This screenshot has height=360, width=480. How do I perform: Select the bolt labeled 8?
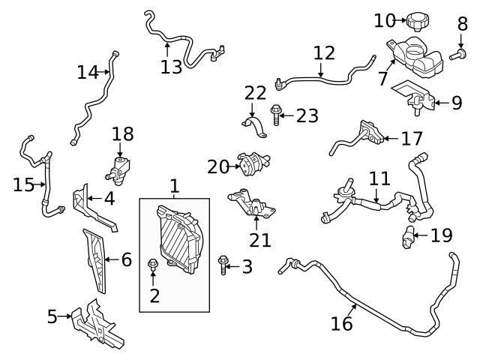click(457, 54)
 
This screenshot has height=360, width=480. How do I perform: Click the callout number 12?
click(324, 53)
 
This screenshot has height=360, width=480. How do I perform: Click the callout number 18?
click(123, 134)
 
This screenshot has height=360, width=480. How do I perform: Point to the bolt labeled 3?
click(222, 264)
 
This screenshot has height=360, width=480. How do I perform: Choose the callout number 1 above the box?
click(174, 185)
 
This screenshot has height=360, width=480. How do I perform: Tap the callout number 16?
click(342, 323)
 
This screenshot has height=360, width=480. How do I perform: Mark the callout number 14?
click(88, 73)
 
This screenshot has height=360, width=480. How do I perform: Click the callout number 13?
click(171, 67)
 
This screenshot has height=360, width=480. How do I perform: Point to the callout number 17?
click(412, 139)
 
